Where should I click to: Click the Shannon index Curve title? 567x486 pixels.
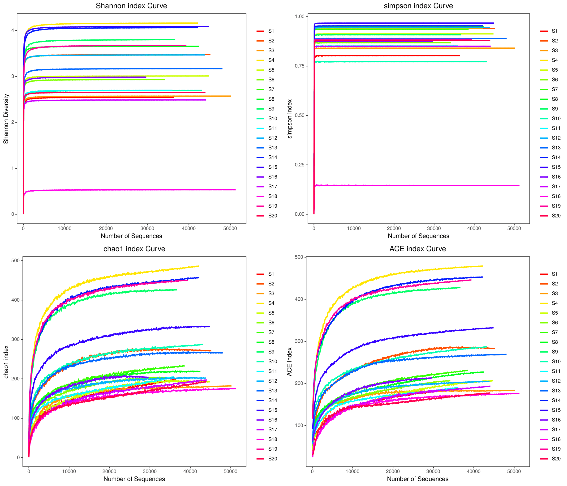131,6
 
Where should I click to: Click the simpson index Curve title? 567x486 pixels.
418,6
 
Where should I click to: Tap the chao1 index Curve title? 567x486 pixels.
134,249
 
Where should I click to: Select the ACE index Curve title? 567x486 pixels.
418,249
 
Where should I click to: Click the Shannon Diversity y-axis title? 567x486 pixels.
6,119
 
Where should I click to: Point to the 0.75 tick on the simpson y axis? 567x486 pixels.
300,66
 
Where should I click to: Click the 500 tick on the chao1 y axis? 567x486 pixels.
15,261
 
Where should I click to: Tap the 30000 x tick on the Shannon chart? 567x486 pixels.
147,229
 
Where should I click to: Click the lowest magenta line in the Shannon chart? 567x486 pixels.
137,190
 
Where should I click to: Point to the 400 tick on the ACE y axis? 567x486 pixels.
299,299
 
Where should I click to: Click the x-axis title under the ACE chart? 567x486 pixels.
418,479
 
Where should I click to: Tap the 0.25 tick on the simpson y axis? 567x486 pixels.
300,165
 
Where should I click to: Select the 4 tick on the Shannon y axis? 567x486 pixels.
13,30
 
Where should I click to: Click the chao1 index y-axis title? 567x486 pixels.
6,362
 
